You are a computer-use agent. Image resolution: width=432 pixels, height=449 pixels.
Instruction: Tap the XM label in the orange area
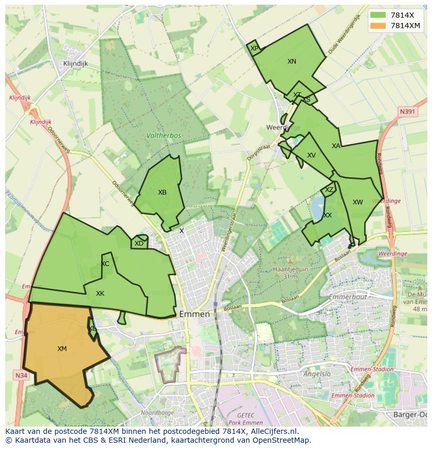click(62, 349)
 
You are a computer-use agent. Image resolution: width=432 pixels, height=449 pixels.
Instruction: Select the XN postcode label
click(292, 62)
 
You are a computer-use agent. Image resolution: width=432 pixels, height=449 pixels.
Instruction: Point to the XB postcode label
click(162, 192)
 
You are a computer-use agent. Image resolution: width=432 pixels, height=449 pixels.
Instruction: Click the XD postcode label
click(139, 244)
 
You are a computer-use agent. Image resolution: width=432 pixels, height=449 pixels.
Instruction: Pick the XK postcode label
click(100, 294)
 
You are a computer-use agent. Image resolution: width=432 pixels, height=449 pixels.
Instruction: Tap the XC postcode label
click(105, 264)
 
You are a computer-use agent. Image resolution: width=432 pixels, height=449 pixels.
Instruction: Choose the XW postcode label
click(357, 202)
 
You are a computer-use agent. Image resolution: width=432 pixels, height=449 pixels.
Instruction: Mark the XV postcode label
click(311, 155)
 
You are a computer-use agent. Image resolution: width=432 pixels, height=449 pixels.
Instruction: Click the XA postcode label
click(336, 146)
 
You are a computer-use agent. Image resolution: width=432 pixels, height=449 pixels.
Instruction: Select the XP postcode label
click(254, 48)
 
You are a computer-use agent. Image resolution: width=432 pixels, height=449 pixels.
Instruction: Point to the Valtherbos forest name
click(164, 136)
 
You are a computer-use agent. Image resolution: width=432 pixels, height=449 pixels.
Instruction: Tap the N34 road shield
click(21, 375)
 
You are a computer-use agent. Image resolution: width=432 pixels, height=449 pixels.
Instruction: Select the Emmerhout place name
click(348, 297)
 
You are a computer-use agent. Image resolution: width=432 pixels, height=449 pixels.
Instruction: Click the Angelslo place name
click(318, 374)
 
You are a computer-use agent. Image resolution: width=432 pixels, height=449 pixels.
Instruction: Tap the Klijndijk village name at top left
click(75, 64)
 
